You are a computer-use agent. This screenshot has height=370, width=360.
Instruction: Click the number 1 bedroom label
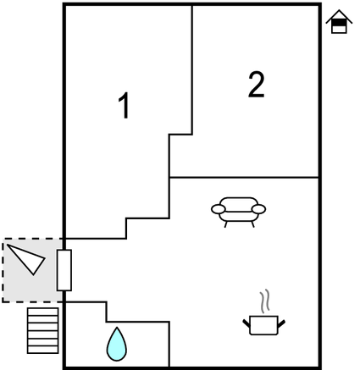(x=124, y=105)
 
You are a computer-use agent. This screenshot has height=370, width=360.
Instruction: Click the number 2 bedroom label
(x=257, y=85)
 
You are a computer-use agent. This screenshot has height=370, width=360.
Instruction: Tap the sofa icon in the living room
(x=238, y=212)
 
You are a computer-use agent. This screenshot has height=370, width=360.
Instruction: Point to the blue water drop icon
(x=117, y=345)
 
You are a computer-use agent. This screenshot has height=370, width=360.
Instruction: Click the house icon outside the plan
(x=339, y=21)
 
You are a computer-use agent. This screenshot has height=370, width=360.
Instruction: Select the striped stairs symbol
(x=43, y=330)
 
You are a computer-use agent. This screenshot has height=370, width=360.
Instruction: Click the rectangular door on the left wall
(x=64, y=270)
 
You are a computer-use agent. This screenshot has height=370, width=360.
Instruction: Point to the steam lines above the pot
(x=265, y=301)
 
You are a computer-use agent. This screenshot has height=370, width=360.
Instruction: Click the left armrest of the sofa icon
(x=219, y=209)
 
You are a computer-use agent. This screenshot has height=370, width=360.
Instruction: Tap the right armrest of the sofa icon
(x=258, y=209)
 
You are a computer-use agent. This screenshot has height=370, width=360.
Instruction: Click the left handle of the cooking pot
(x=246, y=323)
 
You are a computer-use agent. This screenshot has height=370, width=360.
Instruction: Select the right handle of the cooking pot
(x=281, y=323)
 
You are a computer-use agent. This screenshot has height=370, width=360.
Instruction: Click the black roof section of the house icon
(x=339, y=22)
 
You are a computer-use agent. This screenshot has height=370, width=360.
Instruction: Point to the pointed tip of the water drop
(x=117, y=328)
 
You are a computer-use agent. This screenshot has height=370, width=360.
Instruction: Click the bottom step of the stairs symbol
(x=43, y=350)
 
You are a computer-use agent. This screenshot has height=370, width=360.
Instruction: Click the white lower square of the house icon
(x=339, y=30)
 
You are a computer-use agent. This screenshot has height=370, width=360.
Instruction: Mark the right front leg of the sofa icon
(x=252, y=224)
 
